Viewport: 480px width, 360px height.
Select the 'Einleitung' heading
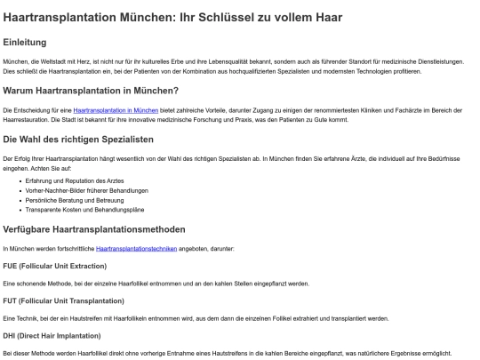tap(25, 42)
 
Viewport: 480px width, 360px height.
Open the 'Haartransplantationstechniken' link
tap(136, 249)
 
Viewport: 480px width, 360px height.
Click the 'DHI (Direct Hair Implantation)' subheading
tap(51, 335)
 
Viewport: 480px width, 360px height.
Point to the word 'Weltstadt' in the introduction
tap(52, 61)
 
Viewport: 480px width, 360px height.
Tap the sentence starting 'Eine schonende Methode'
tap(156, 284)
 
